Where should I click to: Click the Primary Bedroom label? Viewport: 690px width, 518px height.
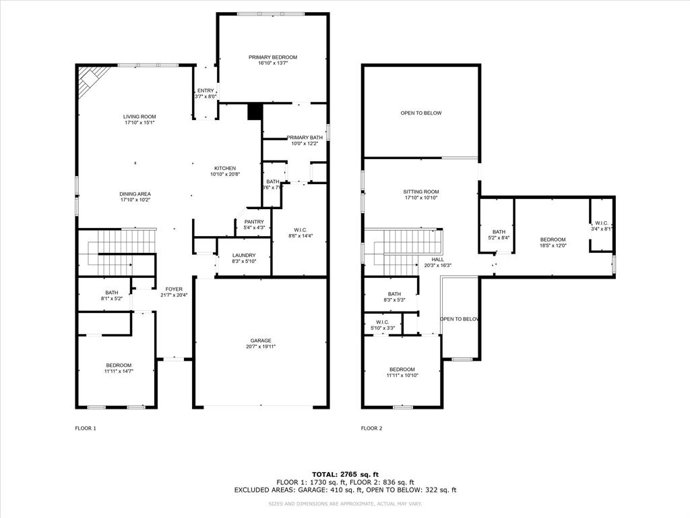(272, 57)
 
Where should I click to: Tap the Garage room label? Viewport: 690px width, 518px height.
(261, 341)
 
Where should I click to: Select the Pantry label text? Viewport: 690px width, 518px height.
(254, 222)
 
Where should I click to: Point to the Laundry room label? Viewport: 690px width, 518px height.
(245, 255)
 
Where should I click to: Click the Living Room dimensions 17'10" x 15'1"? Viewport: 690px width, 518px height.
(139, 123)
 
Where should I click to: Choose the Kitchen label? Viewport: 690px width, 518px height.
(225, 168)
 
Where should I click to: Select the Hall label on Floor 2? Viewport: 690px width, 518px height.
(437, 259)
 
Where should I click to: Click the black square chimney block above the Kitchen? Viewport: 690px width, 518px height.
(254, 112)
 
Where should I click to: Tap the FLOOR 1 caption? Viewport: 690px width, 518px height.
(86, 428)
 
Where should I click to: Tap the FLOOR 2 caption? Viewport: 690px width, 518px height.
(371, 428)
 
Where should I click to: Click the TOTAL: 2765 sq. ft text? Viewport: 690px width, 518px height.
(344, 474)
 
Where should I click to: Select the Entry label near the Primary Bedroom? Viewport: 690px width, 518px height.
(206, 90)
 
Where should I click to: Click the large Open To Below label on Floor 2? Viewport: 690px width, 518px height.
(421, 113)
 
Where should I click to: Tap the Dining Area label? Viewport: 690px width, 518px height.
(135, 194)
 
